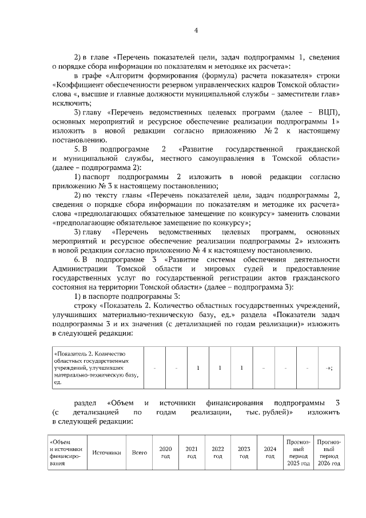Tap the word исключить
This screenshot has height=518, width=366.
tap(67, 104)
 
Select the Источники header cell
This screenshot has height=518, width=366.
tap(106, 452)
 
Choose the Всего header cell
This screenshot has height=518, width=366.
tap(140, 452)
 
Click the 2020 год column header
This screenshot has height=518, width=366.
tap(165, 452)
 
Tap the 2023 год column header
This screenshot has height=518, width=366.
tap(244, 452)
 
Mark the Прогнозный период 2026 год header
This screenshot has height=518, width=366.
tap(329, 452)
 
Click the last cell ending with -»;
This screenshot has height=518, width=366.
tap(329, 367)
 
